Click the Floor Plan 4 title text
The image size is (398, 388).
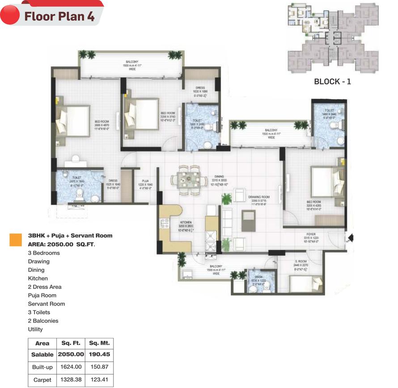59,17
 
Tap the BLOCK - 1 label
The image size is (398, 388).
332,81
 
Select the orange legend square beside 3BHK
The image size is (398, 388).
16,240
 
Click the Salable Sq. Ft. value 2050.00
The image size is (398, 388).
71,354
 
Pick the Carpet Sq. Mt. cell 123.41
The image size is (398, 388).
99,380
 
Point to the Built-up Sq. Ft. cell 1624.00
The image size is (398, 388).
71,367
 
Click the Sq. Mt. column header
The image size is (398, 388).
99,343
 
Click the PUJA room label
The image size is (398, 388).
145,181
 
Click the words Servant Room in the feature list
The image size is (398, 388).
46,304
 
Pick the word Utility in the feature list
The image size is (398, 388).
35,329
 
